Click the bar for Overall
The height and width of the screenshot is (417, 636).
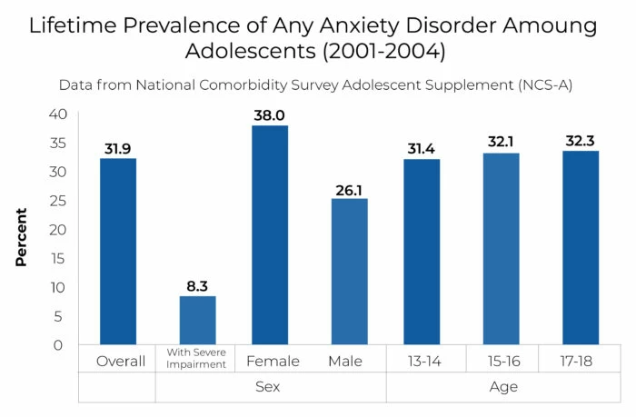click(x=118, y=252)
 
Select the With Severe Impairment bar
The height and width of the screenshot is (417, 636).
click(x=197, y=321)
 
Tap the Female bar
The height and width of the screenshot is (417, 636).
click(x=270, y=235)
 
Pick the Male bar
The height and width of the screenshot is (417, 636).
click(x=349, y=272)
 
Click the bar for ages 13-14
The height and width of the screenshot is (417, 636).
click(x=423, y=252)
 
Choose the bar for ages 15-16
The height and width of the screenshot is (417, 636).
click(x=502, y=249)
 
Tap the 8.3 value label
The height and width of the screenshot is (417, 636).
click(x=197, y=285)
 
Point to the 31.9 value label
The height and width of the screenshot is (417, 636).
click(x=118, y=148)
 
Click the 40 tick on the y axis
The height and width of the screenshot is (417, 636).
click(x=58, y=114)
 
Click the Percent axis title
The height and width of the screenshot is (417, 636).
click(x=21, y=237)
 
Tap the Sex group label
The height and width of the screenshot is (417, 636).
click(x=271, y=388)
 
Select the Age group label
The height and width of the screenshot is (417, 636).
click(x=502, y=388)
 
